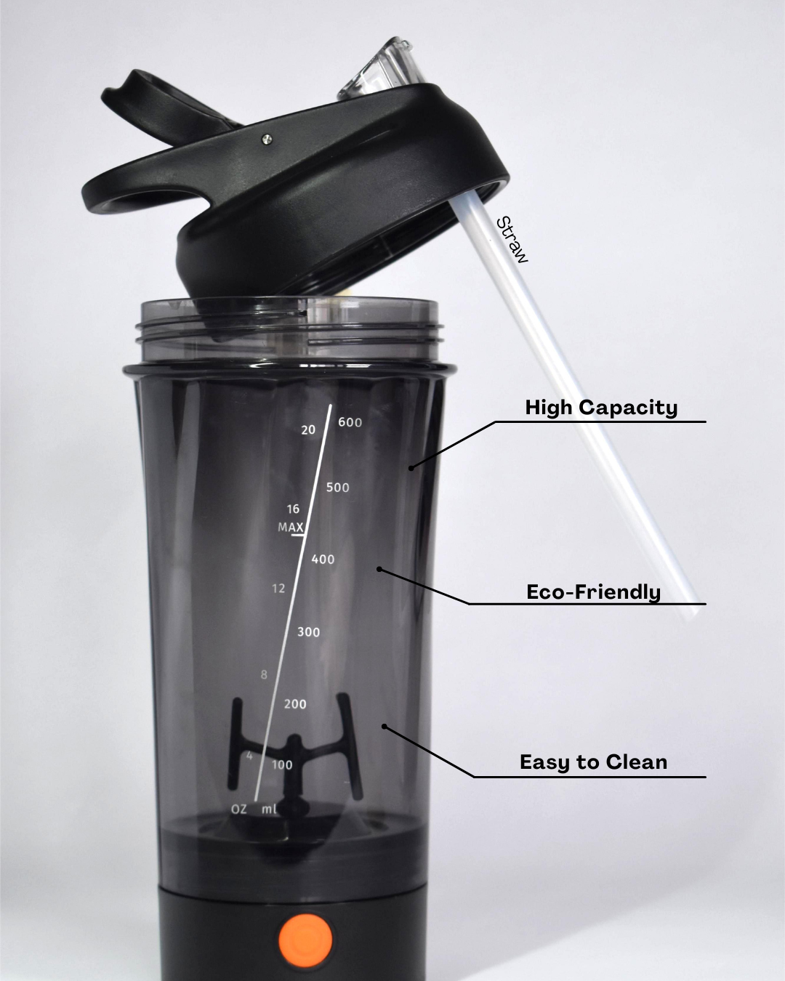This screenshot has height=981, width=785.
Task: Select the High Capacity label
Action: pos(601,408)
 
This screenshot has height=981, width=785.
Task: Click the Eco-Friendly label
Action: pos(593,592)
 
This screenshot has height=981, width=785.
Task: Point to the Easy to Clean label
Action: pos(593,762)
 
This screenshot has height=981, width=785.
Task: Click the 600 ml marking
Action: pos(350,423)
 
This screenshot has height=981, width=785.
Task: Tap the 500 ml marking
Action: pos(337,488)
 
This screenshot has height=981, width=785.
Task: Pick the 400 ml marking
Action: pos(323,559)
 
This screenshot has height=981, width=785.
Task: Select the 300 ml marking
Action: pos(308,631)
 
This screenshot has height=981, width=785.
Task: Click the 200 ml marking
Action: pos(295,704)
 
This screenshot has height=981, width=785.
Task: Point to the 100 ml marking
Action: pos(282,765)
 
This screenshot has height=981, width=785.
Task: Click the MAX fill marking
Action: pos(291,528)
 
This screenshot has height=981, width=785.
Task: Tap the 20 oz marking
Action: pos(308,429)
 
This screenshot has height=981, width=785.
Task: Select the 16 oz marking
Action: pos(293,509)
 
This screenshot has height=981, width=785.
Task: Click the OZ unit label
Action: pos(239,809)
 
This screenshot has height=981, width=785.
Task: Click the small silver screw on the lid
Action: pos(266,139)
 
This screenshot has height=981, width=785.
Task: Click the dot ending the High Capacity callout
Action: pos(411,468)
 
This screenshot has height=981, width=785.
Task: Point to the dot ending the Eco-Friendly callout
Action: pos(379,569)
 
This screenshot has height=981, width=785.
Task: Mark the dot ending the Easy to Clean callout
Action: pos(385,727)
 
